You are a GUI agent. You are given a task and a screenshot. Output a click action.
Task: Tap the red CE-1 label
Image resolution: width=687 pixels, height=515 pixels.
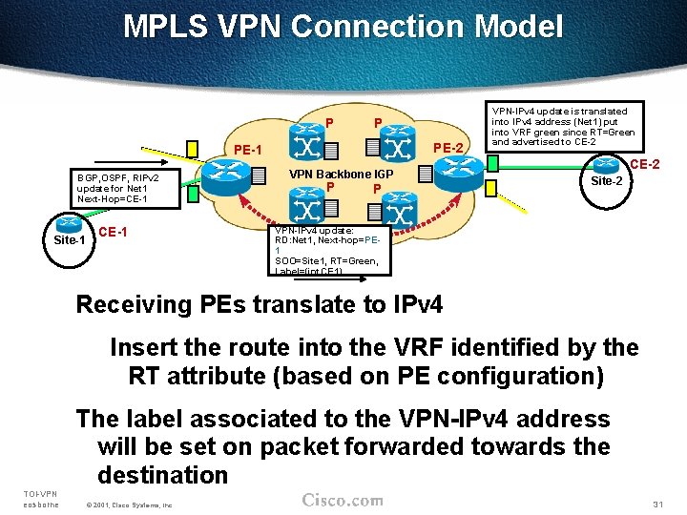coord(114,232)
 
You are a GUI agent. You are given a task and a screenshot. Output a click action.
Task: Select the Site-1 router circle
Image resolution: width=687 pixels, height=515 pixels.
coord(69,226)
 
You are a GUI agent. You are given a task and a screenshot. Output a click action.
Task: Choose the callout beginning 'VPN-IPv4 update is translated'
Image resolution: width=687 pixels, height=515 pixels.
coord(563,126)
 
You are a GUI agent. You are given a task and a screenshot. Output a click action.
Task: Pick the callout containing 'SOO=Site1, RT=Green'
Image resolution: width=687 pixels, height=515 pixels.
coord(327,250)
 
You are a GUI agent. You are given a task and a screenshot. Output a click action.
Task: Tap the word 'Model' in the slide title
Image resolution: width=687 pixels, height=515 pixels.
coord(514,27)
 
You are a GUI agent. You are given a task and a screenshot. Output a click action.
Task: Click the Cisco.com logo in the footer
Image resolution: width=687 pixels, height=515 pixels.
coord(342,501)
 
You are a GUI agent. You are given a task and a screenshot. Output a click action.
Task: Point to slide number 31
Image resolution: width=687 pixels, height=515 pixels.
coord(656,503)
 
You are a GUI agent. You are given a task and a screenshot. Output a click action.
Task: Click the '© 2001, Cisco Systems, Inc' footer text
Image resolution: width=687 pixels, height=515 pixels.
coord(129,504)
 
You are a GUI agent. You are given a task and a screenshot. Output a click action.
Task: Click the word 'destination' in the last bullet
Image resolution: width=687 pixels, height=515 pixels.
coord(162,474)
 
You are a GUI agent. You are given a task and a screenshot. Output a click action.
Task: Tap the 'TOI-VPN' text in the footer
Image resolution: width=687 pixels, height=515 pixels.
coord(39,493)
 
